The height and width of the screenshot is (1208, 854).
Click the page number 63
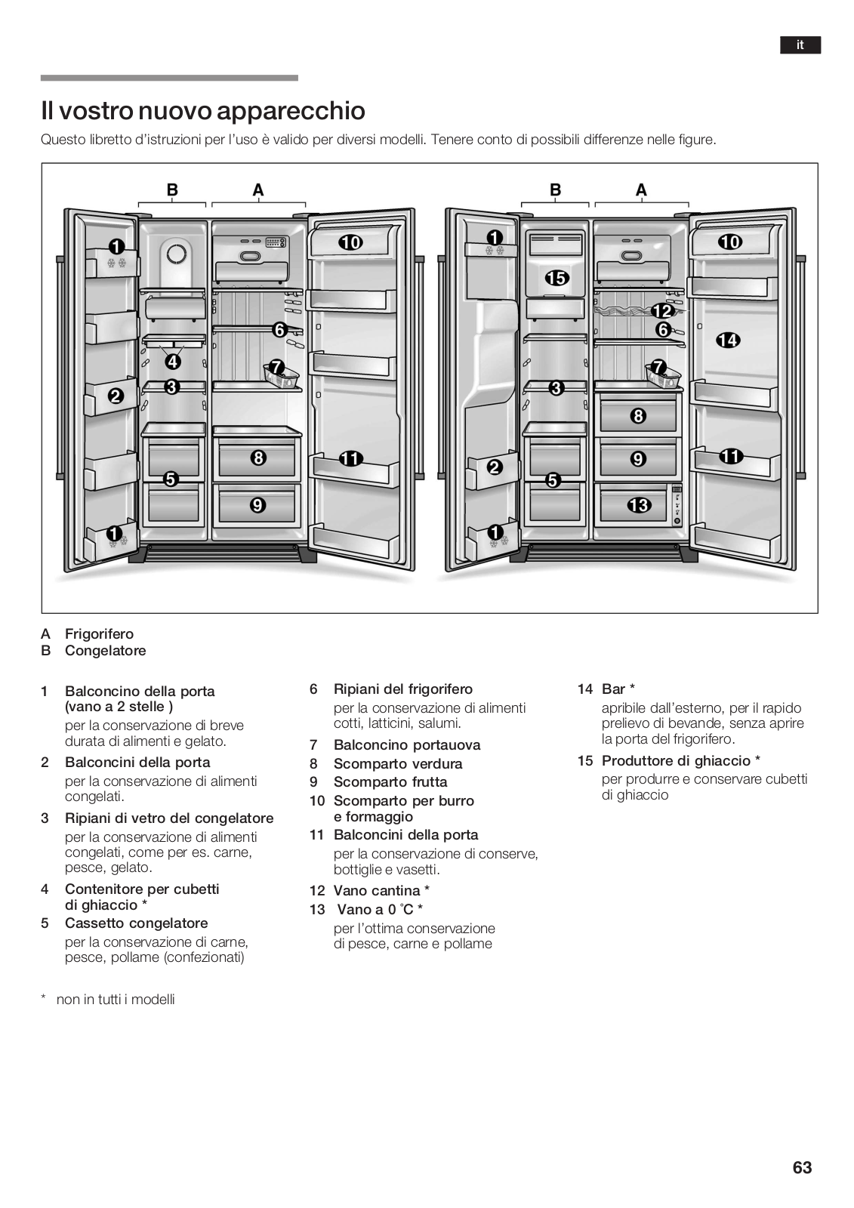[802, 1167]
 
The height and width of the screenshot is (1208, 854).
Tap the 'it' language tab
[800, 45]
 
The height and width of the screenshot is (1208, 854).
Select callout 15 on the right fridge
[556, 278]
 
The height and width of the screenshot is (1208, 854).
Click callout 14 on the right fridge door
[728, 341]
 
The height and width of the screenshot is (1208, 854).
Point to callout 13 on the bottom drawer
[639, 504]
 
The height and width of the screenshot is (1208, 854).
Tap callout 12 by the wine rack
[662, 311]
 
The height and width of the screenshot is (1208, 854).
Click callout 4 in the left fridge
[173, 361]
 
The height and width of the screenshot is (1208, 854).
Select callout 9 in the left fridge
[258, 504]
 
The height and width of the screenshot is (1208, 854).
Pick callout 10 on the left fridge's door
[350, 242]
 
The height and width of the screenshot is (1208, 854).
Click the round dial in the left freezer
[176, 254]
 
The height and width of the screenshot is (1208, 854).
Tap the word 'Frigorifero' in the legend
[99, 634]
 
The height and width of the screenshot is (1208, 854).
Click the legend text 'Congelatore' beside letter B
[105, 651]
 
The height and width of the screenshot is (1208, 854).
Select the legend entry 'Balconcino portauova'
[406, 745]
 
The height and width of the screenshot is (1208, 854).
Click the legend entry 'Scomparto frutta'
[390, 782]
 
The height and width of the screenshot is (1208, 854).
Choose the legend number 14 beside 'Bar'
[585, 689]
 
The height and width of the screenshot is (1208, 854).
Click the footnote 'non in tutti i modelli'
[116, 1000]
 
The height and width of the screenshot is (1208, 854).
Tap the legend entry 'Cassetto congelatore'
[136, 923]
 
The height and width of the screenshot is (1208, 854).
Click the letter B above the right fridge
[555, 190]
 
